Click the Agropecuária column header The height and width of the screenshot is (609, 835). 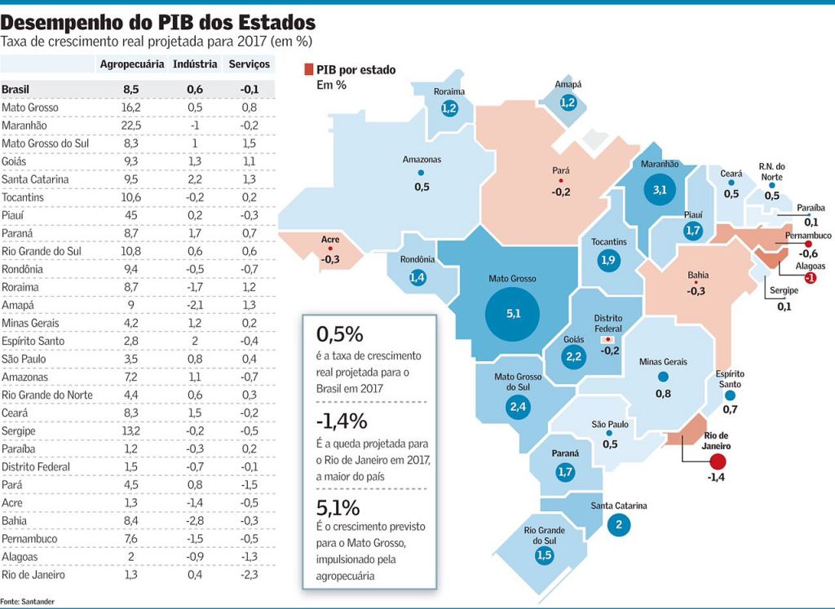point(131,64)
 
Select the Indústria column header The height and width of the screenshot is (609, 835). point(195,64)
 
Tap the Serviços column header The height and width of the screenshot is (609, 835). point(250,64)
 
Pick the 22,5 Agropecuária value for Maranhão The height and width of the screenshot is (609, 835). point(130,126)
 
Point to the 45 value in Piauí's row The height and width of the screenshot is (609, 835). point(130,215)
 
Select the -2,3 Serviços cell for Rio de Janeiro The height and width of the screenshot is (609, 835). point(250,574)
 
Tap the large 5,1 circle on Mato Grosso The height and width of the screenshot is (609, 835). point(512,313)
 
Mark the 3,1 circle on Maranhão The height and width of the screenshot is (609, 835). point(660,190)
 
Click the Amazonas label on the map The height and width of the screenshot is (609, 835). point(422,160)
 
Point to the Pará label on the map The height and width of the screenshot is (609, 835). point(560,171)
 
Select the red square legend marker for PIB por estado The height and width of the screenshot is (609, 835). point(308,70)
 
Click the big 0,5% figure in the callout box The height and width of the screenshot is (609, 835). point(340,335)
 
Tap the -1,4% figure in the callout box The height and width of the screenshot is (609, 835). point(342,421)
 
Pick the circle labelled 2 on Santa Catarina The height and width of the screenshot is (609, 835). point(618,524)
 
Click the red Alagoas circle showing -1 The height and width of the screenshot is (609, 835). point(810,278)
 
